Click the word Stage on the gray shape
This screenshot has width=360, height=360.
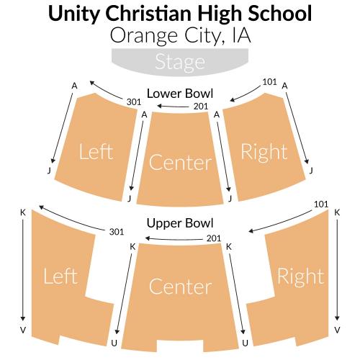click(x=180, y=62)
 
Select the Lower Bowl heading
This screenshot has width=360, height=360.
click(x=180, y=94)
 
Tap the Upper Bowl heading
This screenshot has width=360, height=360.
click(x=180, y=223)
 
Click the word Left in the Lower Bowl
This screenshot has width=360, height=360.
click(x=96, y=152)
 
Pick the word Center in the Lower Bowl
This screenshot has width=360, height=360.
click(x=181, y=163)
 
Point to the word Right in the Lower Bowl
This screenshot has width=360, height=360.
click(x=264, y=153)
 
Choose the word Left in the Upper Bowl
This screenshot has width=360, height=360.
click(x=60, y=276)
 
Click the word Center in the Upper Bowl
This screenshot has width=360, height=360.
click(x=181, y=287)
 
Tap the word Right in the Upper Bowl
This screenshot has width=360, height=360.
click(x=301, y=276)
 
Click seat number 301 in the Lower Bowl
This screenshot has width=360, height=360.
click(x=134, y=102)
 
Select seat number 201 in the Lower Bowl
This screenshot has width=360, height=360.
click(x=201, y=106)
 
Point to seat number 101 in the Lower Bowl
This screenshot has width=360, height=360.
click(x=270, y=82)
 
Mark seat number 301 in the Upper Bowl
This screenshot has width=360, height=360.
click(x=117, y=232)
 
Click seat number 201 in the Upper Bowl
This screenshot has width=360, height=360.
click(x=214, y=238)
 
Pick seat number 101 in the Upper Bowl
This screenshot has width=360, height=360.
click(x=321, y=204)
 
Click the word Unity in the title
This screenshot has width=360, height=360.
click(x=73, y=14)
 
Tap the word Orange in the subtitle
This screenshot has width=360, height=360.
click(x=144, y=36)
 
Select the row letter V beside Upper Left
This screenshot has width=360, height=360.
click(x=23, y=330)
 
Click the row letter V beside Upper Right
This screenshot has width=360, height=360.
click(x=337, y=330)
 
